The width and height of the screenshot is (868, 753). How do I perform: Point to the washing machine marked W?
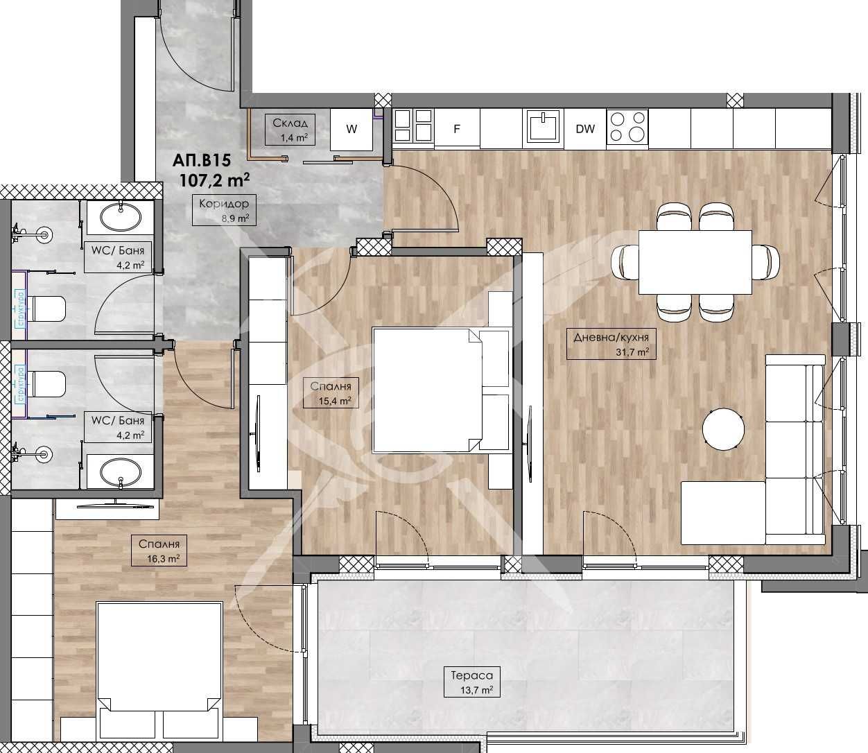point(352,129)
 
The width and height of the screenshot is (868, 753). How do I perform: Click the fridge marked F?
point(457,129)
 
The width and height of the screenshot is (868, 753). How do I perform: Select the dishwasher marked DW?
point(585,129)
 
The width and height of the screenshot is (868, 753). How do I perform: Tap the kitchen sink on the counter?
point(543,128)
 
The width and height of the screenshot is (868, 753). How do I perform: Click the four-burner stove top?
point(627,128)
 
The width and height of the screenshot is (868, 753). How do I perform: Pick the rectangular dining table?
point(695,262)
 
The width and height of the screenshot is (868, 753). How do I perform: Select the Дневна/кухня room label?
point(611,344)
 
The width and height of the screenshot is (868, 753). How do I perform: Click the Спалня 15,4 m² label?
point(331,392)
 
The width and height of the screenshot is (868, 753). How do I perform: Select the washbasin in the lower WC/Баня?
point(121,474)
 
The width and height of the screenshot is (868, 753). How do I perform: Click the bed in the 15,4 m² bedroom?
point(426,390)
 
